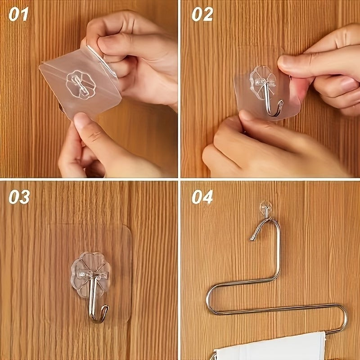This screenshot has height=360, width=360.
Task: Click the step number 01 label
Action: pyautogui.click(x=18, y=14)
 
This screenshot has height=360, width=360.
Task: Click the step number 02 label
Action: pyautogui.click(x=202, y=14)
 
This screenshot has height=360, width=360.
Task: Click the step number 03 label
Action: pyautogui.click(x=19, y=197)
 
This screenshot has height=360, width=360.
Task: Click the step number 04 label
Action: pyautogui.click(x=202, y=197)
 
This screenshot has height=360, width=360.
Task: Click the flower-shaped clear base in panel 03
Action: pyautogui.click(x=90, y=273)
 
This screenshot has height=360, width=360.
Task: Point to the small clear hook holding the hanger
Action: pyautogui.click(x=265, y=208)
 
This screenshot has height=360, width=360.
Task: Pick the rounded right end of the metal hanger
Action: pyautogui.click(x=344, y=319)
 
